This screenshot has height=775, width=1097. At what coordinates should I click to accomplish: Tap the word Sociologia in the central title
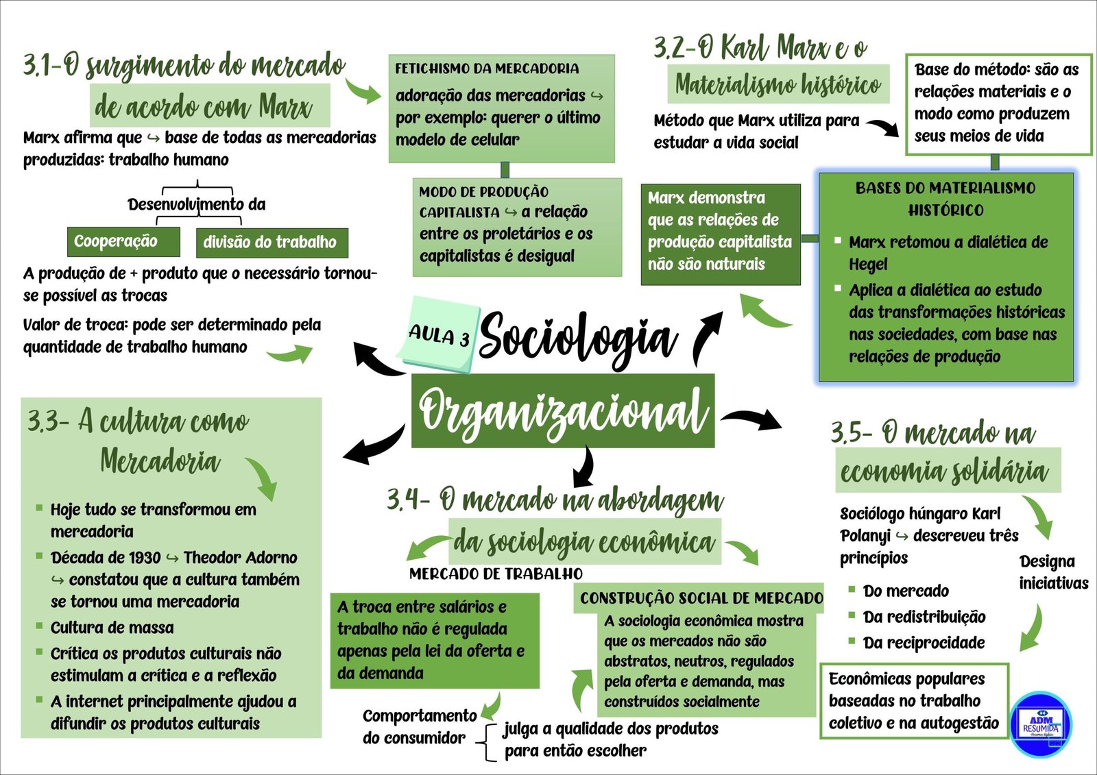pyautogui.click(x=577, y=337)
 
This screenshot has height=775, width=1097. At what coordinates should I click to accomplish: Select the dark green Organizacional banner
pyautogui.click(x=562, y=411)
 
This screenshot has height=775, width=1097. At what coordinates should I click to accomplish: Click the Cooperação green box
pyautogui.click(x=123, y=242)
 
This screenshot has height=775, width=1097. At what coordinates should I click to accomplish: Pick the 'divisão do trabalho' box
pyautogui.click(x=272, y=243)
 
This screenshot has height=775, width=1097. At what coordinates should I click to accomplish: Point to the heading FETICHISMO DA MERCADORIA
pyautogui.click(x=487, y=69)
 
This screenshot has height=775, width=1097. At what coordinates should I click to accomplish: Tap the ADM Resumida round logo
pyautogui.click(x=1041, y=724)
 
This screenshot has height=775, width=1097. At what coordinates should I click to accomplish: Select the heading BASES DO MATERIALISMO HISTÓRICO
pyautogui.click(x=945, y=199)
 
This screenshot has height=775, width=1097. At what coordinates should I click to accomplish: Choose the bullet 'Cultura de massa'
pyautogui.click(x=112, y=628)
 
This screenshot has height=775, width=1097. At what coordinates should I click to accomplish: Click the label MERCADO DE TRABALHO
pyautogui.click(x=496, y=574)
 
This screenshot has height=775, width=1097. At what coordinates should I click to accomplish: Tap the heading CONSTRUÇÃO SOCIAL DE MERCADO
pyautogui.click(x=701, y=598)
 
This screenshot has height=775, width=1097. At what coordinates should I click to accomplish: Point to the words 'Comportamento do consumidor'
pyautogui.click(x=419, y=726)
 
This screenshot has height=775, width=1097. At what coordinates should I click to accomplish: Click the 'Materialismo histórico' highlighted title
pyautogui.click(x=778, y=85)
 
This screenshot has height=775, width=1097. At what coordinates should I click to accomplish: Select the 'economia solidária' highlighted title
pyautogui.click(x=945, y=471)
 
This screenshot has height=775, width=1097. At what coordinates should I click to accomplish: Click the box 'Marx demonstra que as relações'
pyautogui.click(x=720, y=233)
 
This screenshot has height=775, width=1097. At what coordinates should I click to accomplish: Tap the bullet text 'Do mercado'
pyautogui.click(x=906, y=591)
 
